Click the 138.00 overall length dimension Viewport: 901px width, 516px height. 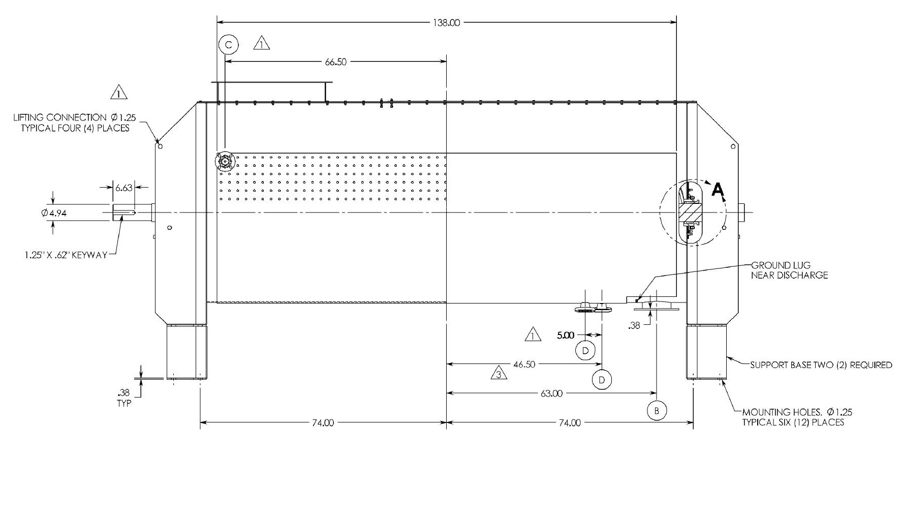pyautogui.click(x=447, y=22)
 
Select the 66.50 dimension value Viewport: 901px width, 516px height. pyautogui.click(x=336, y=62)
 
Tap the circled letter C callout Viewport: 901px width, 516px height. pyautogui.click(x=228, y=45)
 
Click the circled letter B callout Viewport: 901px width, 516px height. pyautogui.click(x=657, y=410)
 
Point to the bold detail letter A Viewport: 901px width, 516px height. pyautogui.click(x=718, y=190)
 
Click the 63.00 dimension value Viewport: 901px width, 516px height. pyautogui.click(x=552, y=393)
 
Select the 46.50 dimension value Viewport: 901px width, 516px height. pyautogui.click(x=524, y=365)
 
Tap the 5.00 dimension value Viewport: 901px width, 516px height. pyautogui.click(x=566, y=335)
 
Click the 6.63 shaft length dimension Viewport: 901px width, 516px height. pyautogui.click(x=123, y=188)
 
